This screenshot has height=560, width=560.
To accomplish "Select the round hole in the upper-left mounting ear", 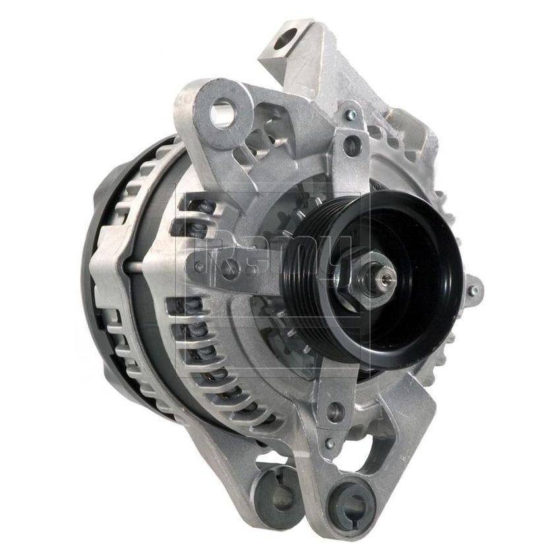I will [221, 113].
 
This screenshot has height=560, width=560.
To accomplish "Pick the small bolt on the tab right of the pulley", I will [475, 288].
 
